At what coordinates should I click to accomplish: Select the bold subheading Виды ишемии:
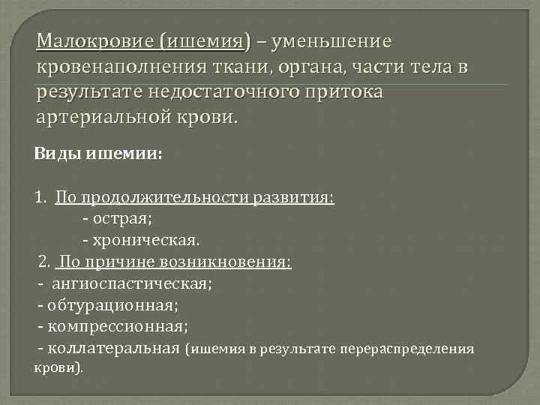click(x=97, y=154)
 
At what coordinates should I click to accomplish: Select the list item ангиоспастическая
click(x=132, y=284)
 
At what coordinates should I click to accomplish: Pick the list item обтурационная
click(x=117, y=305)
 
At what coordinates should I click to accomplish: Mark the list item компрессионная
click(x=117, y=327)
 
